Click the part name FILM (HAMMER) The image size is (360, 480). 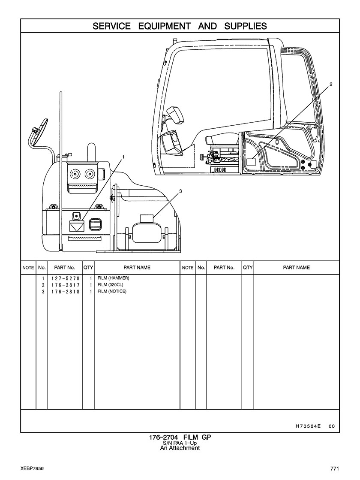[x=113, y=278]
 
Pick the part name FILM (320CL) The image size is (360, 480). [x=110, y=285]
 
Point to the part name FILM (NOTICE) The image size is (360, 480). [x=112, y=292]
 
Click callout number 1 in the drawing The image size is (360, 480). [x=123, y=157]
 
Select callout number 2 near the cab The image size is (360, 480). [x=330, y=85]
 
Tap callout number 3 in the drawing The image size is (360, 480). [x=180, y=191]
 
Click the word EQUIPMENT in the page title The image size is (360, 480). [x=165, y=26]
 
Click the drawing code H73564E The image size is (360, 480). [x=308, y=426]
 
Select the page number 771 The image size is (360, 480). [x=335, y=468]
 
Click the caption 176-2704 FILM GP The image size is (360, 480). [x=180, y=438]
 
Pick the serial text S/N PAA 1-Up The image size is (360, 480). [x=180, y=443]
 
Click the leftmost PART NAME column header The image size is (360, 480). [x=137, y=268]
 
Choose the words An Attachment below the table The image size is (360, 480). [x=180, y=448]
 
